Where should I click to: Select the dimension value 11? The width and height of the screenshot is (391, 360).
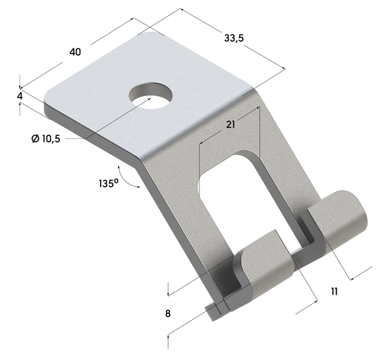(334, 292)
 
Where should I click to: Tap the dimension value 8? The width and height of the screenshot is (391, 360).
(167, 314)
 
